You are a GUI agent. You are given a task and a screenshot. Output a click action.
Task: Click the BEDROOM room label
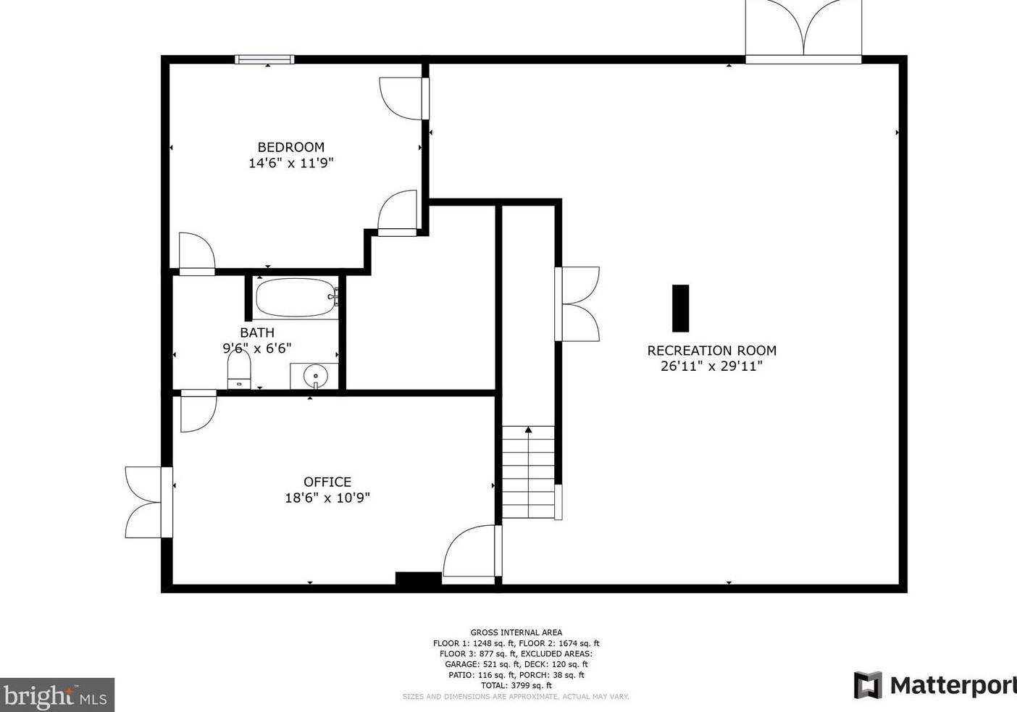(291, 147)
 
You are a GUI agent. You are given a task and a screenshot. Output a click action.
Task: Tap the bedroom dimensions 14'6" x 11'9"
(291, 163)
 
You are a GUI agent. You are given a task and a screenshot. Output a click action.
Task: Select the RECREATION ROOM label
(711, 351)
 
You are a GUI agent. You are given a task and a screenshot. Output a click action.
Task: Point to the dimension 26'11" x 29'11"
(711, 367)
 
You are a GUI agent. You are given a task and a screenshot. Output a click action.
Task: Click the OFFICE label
(327, 482)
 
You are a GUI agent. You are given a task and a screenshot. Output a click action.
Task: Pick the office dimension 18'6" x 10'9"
(327, 498)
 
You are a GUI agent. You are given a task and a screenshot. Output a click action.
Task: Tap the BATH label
(257, 332)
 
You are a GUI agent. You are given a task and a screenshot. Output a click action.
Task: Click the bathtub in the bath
(296, 298)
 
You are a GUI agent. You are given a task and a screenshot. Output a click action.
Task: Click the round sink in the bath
(315, 376)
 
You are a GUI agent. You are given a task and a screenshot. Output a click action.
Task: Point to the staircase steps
(529, 472)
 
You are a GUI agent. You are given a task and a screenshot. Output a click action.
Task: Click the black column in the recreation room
(680, 308)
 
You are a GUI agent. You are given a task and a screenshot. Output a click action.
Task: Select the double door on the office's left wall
(148, 502)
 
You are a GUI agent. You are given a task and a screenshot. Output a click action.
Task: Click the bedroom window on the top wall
(264, 59)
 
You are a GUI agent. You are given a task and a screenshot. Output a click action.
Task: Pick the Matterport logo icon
(868, 685)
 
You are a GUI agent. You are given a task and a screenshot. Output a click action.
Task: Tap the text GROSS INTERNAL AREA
(516, 632)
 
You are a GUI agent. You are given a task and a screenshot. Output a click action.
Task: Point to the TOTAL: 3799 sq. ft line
(516, 685)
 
